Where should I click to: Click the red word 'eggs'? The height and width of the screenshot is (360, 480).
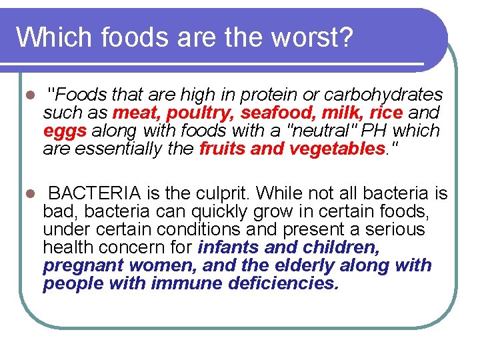click(65, 131)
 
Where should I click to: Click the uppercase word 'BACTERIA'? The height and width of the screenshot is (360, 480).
click(95, 194)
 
